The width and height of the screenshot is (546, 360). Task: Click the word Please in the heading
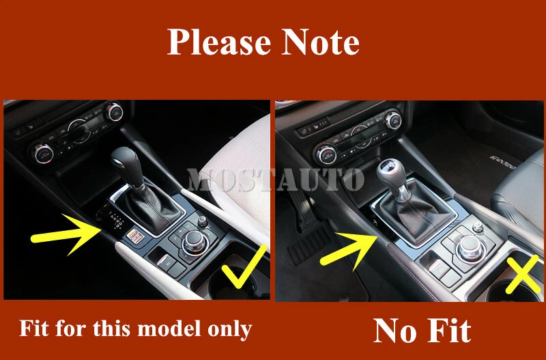click(x=217, y=42)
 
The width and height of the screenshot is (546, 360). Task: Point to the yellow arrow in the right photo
click(x=349, y=245)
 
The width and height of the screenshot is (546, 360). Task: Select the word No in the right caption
click(x=396, y=330)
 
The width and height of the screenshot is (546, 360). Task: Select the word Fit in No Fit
click(x=447, y=330)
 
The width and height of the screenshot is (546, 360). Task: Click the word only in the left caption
click(x=229, y=330)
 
